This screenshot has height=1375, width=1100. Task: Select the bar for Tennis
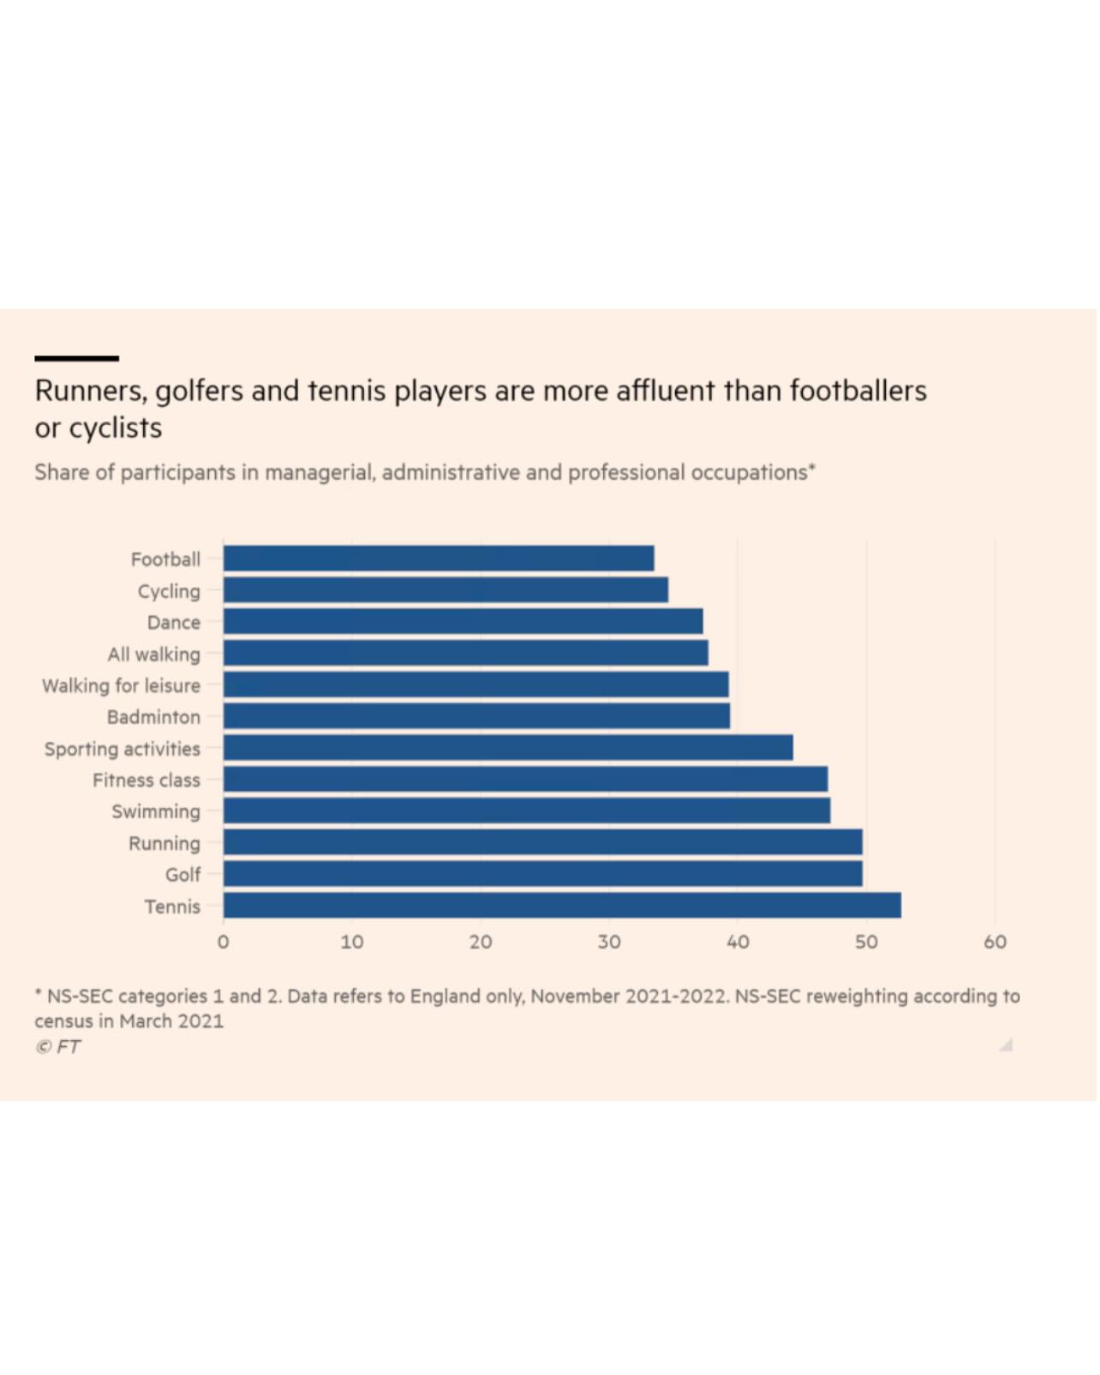tap(562, 906)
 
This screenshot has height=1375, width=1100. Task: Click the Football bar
tap(439, 559)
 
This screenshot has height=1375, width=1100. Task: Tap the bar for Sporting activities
tap(508, 748)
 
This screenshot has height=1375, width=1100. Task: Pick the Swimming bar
tap(527, 810)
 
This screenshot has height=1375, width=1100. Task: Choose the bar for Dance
tap(463, 621)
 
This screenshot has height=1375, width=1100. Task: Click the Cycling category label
tap(169, 591)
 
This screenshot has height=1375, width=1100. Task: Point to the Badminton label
tap(153, 717)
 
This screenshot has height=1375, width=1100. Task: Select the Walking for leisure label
tap(121, 685)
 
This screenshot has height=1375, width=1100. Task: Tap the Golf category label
tap(182, 875)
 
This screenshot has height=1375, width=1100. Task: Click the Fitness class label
tap(146, 780)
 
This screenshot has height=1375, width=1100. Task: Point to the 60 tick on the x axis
tap(995, 942)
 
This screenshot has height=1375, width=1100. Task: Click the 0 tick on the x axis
tap(224, 942)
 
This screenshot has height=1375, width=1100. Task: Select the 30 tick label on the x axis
tap(609, 942)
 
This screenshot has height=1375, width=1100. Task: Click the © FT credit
tap(57, 1047)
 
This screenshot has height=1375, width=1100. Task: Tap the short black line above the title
tap(76, 358)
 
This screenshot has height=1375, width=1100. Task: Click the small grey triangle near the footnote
tap(1007, 1045)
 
